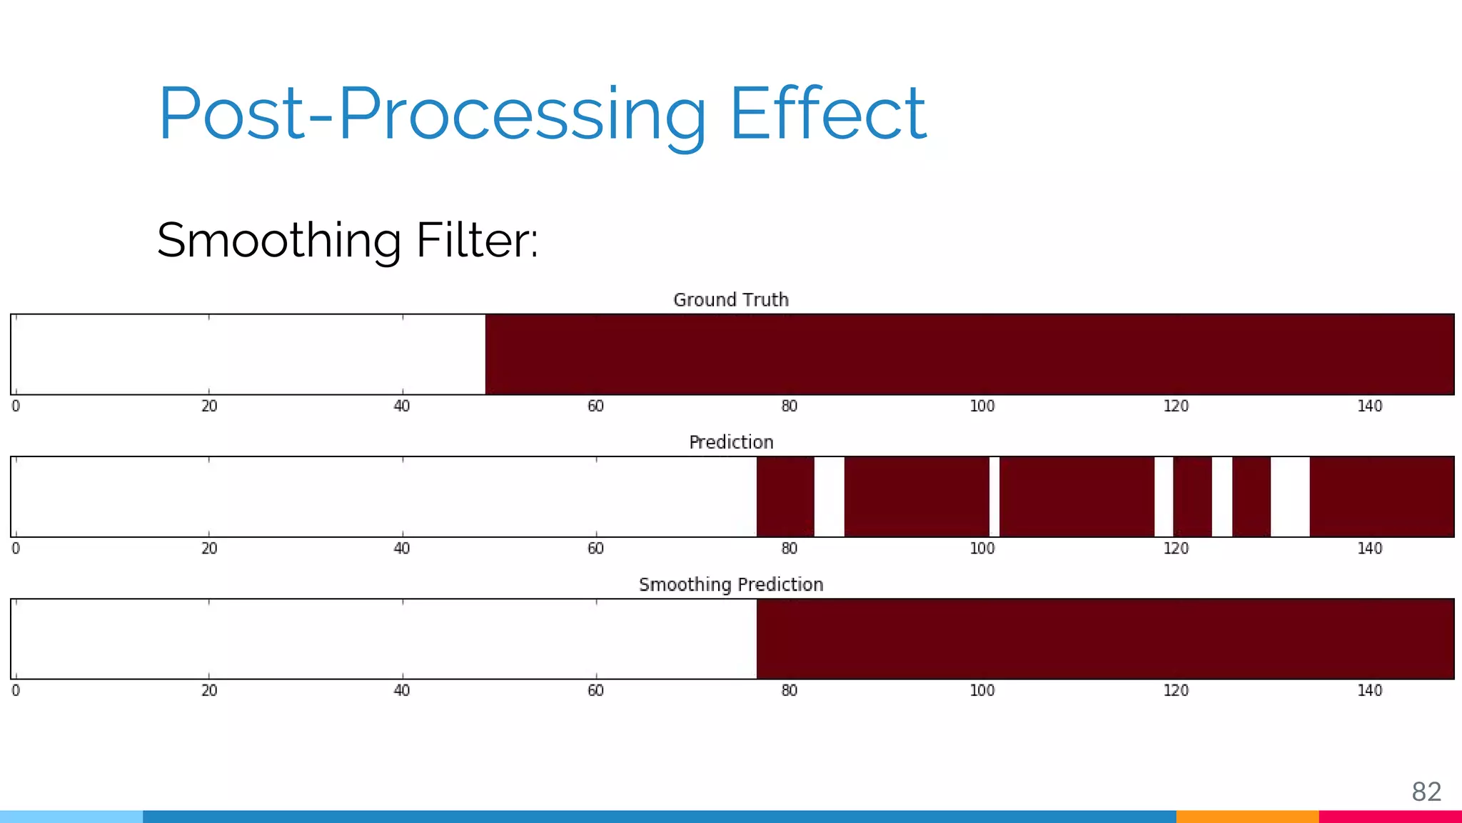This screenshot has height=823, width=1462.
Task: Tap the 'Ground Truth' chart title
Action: coord(731,300)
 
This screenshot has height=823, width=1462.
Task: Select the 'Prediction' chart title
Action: coord(731,442)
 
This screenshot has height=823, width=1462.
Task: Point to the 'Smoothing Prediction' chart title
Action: coord(731,584)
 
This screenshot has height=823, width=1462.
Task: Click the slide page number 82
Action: coord(1426,792)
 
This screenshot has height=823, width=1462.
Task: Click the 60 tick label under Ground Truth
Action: coord(595,406)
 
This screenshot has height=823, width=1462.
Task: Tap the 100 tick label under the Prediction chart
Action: coord(982,549)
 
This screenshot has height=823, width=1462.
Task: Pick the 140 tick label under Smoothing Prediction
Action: coord(1369,691)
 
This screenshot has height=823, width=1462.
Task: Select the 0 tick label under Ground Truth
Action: coord(16,406)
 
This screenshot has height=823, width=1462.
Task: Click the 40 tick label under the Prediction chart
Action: coord(402,549)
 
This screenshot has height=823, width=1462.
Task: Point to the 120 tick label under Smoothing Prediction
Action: coord(1176,691)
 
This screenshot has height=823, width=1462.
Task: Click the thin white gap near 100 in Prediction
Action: coord(994,497)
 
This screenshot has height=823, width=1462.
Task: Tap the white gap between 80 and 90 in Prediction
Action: coord(829,497)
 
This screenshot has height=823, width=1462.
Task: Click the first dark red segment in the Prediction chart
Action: coord(785,497)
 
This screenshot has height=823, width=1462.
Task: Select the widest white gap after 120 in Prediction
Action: coord(1290,497)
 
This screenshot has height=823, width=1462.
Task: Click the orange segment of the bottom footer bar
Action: coord(1247,817)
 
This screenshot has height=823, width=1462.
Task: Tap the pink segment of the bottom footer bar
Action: coord(1390,817)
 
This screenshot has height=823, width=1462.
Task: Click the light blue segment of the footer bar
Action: coord(71,817)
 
